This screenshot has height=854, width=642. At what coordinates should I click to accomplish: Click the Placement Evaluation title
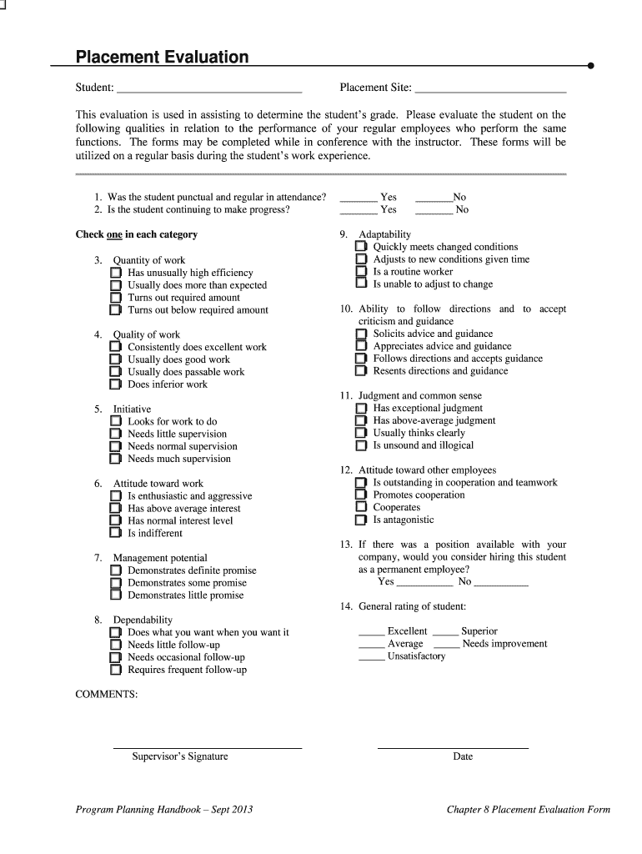pos(162,58)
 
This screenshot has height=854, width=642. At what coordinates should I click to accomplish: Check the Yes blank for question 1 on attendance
pos(359,198)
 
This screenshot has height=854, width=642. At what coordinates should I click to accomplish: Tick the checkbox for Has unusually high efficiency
pos(116,274)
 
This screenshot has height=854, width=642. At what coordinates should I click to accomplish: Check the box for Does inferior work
pos(116,385)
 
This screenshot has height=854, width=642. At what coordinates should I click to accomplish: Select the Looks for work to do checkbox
pos(116,422)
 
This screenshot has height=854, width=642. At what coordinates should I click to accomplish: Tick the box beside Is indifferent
pos(116,534)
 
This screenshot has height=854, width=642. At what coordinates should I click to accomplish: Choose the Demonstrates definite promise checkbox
pos(116,571)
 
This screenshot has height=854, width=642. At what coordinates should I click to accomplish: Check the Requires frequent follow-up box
pos(116,671)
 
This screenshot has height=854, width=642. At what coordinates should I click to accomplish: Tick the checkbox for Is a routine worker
pos(361,272)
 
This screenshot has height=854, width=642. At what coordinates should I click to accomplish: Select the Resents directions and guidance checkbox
pos(361,371)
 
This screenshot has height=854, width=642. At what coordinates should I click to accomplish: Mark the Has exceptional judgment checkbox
pos(361,409)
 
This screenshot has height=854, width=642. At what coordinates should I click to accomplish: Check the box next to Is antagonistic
pos(361,520)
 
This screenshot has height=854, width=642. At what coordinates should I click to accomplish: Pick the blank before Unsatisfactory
pos(371,657)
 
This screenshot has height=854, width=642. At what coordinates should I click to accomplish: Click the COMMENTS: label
pos(107,695)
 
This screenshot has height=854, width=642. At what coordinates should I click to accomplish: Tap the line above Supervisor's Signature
pos(207,747)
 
